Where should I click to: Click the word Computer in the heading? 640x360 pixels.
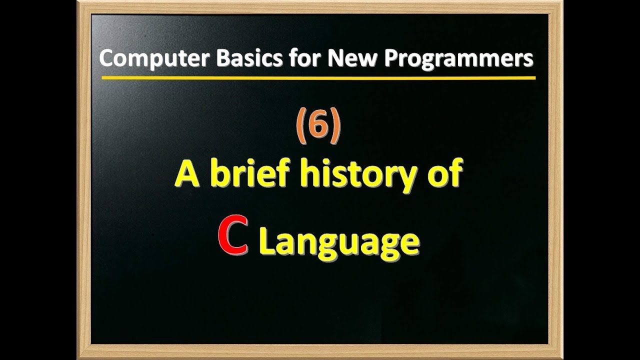click(154, 59)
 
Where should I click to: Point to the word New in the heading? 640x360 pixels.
click(352, 58)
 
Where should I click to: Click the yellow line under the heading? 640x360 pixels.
click(318, 78)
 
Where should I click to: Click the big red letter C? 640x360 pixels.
click(233, 235)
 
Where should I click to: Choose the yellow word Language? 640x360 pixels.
click(339, 242)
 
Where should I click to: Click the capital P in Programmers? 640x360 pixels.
click(391, 58)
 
